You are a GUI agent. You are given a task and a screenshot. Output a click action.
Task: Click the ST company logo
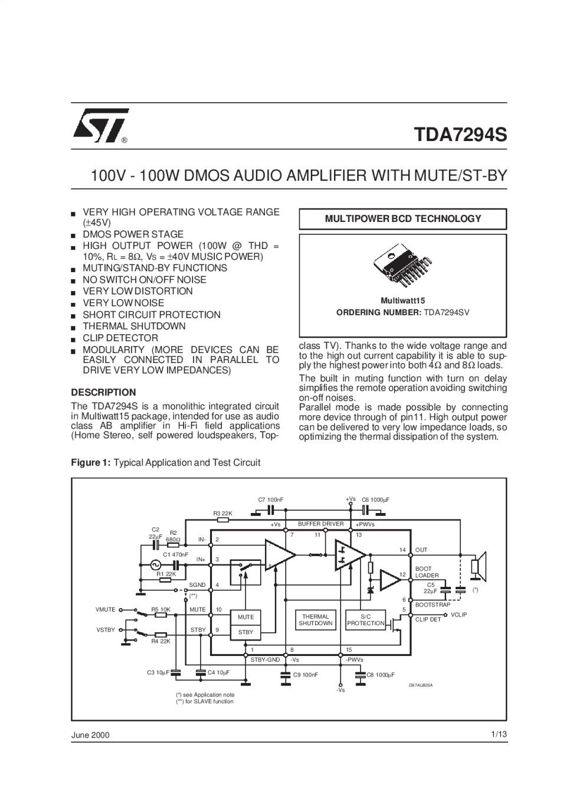point(100,125)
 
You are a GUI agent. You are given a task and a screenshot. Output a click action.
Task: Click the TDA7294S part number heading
point(460,135)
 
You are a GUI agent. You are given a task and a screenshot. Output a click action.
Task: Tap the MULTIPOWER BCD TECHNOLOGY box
point(402,219)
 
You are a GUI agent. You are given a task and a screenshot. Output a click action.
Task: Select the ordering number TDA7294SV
point(446,312)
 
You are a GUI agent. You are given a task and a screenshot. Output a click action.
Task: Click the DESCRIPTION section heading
point(103,393)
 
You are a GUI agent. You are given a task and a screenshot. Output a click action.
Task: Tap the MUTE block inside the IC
point(246,617)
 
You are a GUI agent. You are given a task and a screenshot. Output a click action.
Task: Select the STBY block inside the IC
point(246,632)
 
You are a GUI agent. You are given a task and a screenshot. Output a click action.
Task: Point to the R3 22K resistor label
point(222,513)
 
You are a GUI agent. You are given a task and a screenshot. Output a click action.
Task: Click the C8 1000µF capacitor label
point(381,675)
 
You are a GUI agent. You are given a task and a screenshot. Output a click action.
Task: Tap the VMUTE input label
point(105,609)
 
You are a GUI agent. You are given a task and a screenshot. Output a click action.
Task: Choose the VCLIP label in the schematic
point(459,615)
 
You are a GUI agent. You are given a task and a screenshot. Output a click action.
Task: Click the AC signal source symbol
point(155,564)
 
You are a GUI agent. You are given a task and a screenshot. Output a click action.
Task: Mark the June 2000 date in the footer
point(90,735)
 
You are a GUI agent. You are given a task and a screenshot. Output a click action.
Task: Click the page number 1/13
point(499,734)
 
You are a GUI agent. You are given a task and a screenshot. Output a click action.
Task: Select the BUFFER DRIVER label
point(321,524)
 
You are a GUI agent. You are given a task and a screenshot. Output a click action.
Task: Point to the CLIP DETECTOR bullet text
point(120,338)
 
